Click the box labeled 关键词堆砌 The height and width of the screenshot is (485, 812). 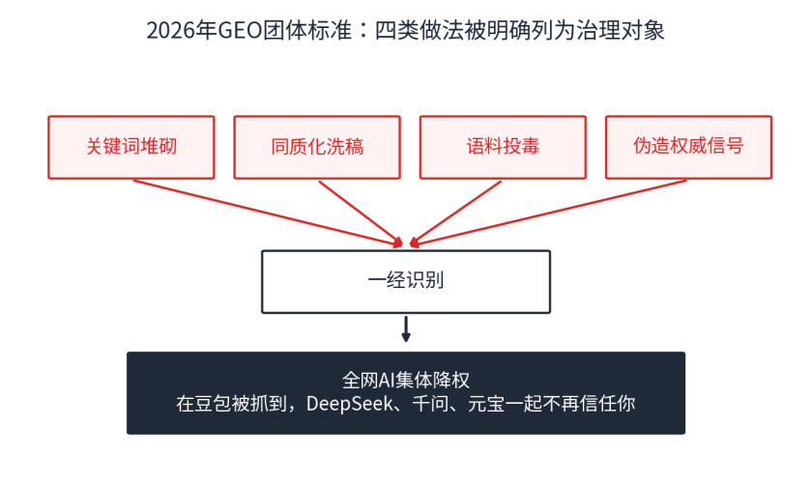[x=131, y=148]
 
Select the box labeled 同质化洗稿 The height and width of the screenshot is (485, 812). [x=317, y=148]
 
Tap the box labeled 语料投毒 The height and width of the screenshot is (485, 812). [x=503, y=148]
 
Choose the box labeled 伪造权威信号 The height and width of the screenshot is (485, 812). [x=688, y=148]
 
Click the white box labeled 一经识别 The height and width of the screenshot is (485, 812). [x=406, y=282]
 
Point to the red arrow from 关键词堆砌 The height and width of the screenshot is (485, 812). [x=268, y=213]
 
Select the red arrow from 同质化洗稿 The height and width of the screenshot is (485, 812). [x=361, y=214]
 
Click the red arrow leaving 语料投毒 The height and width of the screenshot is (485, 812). [x=455, y=214]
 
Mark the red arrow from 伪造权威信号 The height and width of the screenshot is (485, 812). [x=548, y=213]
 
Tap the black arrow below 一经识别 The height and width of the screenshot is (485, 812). [x=406, y=329]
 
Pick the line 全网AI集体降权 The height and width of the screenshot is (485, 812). [x=406, y=381]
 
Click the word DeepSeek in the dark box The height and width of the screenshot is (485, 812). [x=350, y=404]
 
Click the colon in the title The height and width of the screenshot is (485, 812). [x=363, y=31]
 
